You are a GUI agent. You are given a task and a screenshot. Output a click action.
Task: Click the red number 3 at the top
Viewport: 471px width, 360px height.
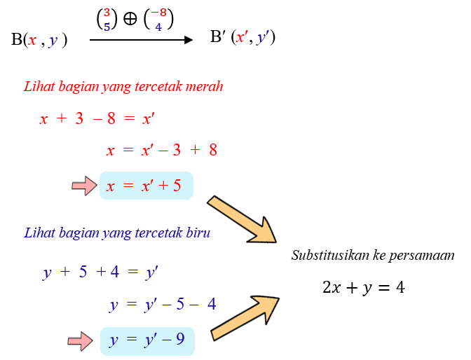[x=107, y=13]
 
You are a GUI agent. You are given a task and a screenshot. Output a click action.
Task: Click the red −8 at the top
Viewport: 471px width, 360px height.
[x=159, y=13]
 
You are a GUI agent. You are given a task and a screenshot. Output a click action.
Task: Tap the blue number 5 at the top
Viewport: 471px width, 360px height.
[x=107, y=27]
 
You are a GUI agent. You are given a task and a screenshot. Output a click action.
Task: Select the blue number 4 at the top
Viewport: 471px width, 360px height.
[x=159, y=27]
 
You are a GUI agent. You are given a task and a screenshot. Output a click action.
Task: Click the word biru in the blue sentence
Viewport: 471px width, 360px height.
[x=198, y=233]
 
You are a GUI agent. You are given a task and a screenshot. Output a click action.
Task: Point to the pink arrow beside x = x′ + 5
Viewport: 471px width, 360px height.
[x=84, y=186]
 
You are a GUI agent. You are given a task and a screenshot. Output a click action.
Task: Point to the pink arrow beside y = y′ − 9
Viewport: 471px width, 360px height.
[x=80, y=341]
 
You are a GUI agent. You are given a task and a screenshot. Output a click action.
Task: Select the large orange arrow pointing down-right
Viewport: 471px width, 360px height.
[x=243, y=220]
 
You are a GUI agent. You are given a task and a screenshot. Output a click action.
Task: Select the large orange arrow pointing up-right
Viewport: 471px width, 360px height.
[x=245, y=317]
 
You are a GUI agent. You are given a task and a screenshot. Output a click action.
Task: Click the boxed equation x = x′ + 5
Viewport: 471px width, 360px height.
[x=146, y=186]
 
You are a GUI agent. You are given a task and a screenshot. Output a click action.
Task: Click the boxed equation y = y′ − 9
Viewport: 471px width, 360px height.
[x=146, y=340]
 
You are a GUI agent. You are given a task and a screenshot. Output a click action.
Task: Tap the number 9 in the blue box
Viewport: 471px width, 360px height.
[x=180, y=340]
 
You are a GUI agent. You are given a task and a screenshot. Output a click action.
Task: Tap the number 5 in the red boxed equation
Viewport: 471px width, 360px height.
[x=177, y=186]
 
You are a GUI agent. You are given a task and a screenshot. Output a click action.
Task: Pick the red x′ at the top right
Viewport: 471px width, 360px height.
[x=242, y=37]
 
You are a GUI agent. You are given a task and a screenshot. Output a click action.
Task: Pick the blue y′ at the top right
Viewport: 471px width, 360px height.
[x=263, y=38]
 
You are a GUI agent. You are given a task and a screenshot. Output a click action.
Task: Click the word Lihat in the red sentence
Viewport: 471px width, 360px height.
[x=36, y=87]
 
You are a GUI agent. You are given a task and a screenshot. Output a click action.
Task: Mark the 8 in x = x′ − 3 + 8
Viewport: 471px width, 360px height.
[x=213, y=150]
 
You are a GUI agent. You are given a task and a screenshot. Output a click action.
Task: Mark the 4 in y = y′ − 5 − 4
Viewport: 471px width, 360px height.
[x=211, y=305]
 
